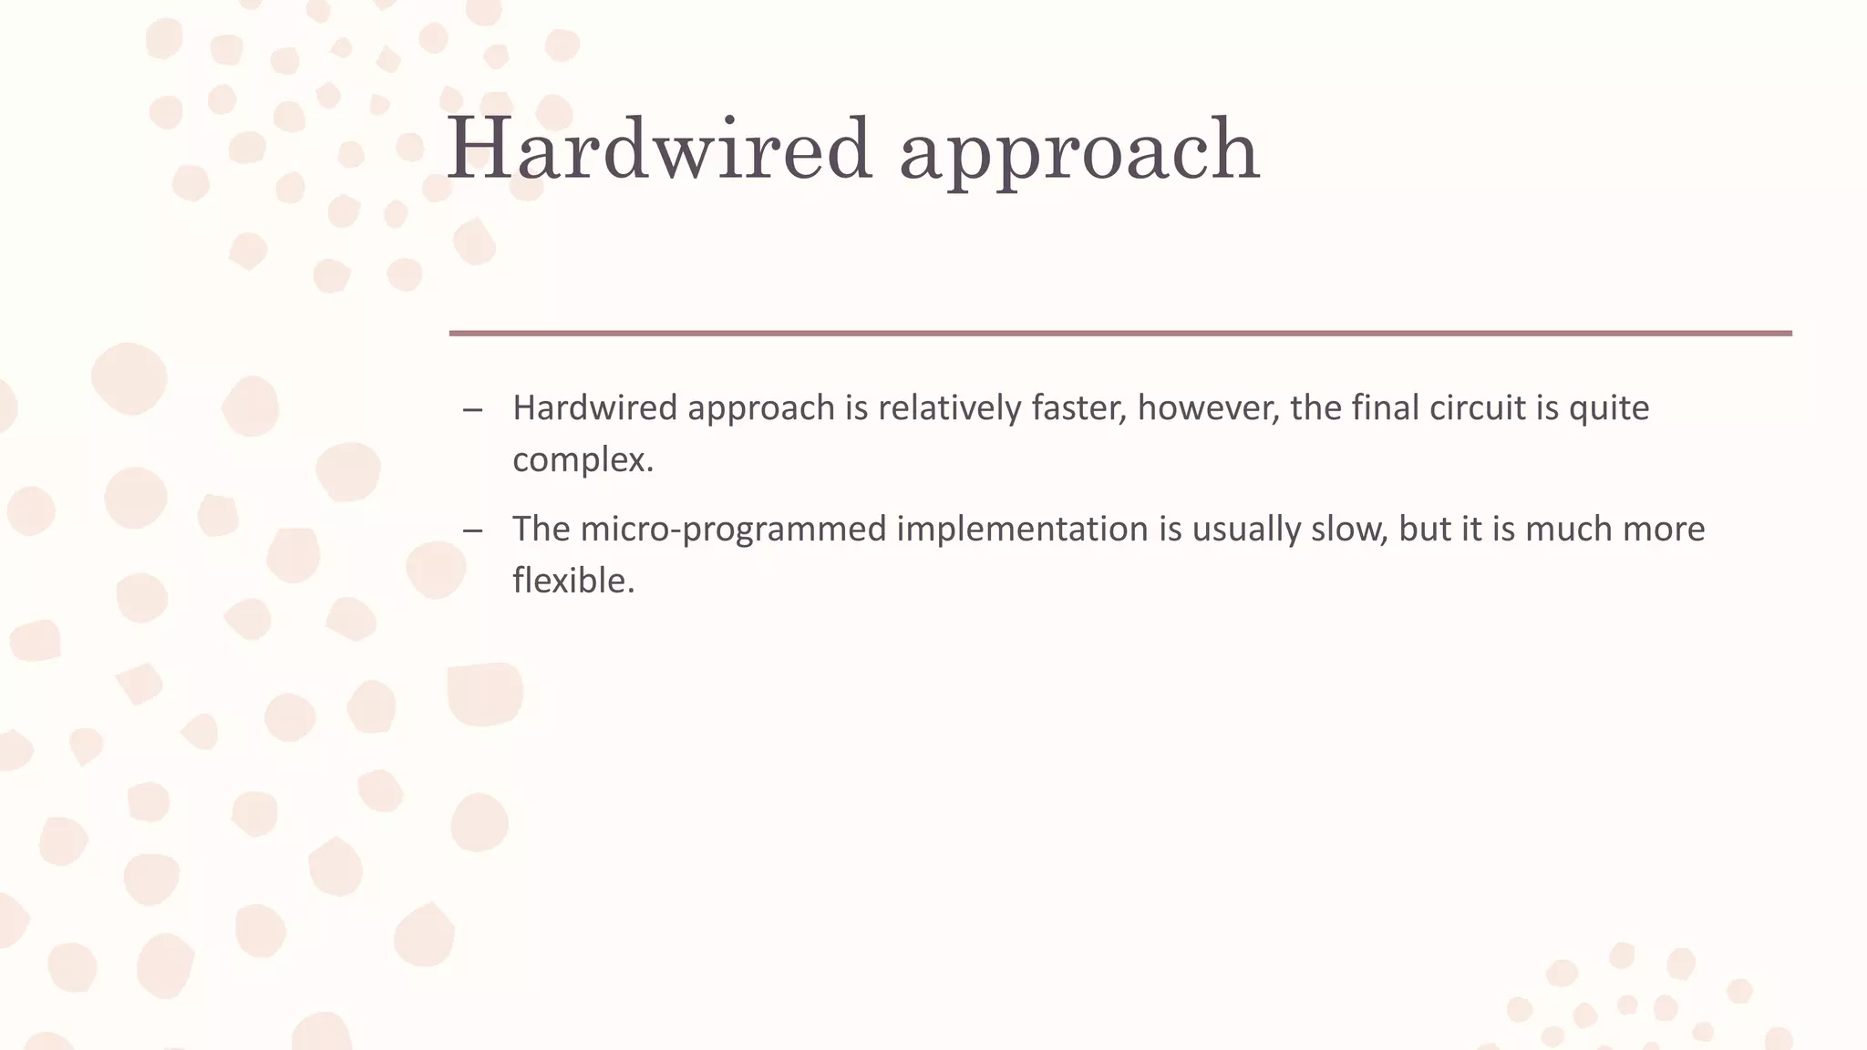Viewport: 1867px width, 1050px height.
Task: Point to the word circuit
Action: pyautogui.click(x=1478, y=407)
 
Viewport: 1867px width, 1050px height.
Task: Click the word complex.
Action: pyautogui.click(x=583, y=460)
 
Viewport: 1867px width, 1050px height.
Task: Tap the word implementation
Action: pyautogui.click(x=1021, y=529)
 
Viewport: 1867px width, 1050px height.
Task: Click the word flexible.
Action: pyautogui.click(x=572, y=581)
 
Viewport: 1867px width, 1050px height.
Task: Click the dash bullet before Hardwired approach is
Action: pyautogui.click(x=472, y=409)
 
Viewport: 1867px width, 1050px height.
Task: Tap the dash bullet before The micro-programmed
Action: pyautogui.click(x=472, y=530)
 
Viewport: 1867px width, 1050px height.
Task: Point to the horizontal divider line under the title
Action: pyautogui.click(x=1119, y=334)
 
